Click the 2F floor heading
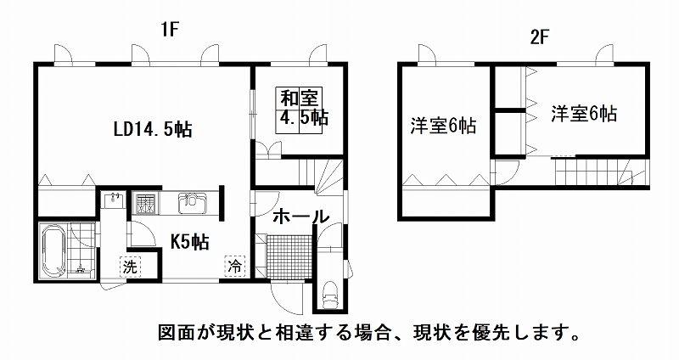(539, 38)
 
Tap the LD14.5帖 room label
(154, 130)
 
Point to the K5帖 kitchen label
(189, 242)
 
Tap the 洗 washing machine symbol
(130, 267)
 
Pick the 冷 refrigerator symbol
(235, 265)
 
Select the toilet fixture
(330, 295)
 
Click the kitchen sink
(193, 203)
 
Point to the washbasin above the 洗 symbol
(114, 199)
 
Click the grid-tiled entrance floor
(289, 256)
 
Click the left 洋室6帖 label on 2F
(443, 126)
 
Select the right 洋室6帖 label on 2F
(584, 114)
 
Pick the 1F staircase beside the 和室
(321, 175)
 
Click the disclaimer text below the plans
(368, 333)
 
